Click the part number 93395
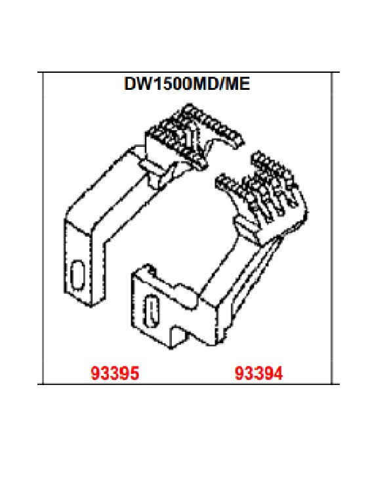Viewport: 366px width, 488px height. pos(115,373)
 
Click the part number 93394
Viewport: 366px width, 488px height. pos(258,373)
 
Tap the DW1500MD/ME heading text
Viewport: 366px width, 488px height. pos(187,83)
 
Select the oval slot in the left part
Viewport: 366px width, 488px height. pos(77,274)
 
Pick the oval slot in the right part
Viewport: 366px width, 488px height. pos(152,311)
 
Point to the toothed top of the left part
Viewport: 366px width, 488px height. pos(193,137)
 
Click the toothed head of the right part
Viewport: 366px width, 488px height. pos(262,193)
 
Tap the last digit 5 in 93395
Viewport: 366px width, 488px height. pos(134,373)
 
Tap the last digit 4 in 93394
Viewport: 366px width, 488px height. pos(278,373)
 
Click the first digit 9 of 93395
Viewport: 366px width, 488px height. pos(95,373)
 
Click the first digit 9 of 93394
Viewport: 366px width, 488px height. pos(239,373)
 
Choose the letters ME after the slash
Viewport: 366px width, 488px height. pos(237,83)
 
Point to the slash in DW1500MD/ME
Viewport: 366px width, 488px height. pos(221,83)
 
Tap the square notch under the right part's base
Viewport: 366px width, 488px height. pos(180,336)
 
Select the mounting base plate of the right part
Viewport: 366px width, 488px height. pos(174,308)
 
